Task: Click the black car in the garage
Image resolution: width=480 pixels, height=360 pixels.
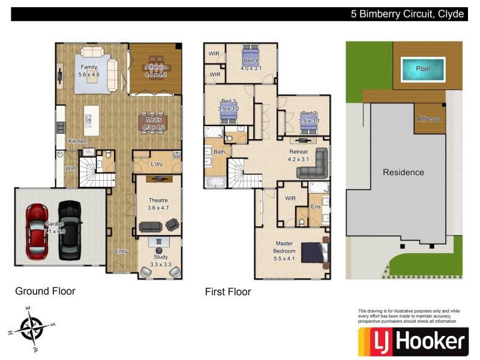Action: coord(69,229)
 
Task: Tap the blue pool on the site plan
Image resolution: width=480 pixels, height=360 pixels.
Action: coord(423,69)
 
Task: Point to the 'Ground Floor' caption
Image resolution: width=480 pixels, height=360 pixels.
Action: coord(45,292)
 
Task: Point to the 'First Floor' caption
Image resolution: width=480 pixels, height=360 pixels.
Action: coord(228,292)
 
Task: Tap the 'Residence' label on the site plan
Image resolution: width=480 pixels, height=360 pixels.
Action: coord(403,172)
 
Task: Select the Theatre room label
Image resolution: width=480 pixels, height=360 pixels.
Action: coord(158,200)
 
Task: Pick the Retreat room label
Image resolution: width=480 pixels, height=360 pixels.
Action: coord(298,152)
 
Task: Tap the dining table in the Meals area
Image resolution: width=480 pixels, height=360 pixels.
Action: coord(154,122)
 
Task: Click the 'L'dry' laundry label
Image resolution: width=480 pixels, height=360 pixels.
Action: coord(157,164)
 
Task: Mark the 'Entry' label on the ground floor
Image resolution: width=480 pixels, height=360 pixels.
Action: coord(121,251)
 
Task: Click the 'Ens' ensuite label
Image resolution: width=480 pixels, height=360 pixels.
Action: coord(315,206)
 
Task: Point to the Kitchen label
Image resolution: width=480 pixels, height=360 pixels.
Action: coord(77,141)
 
